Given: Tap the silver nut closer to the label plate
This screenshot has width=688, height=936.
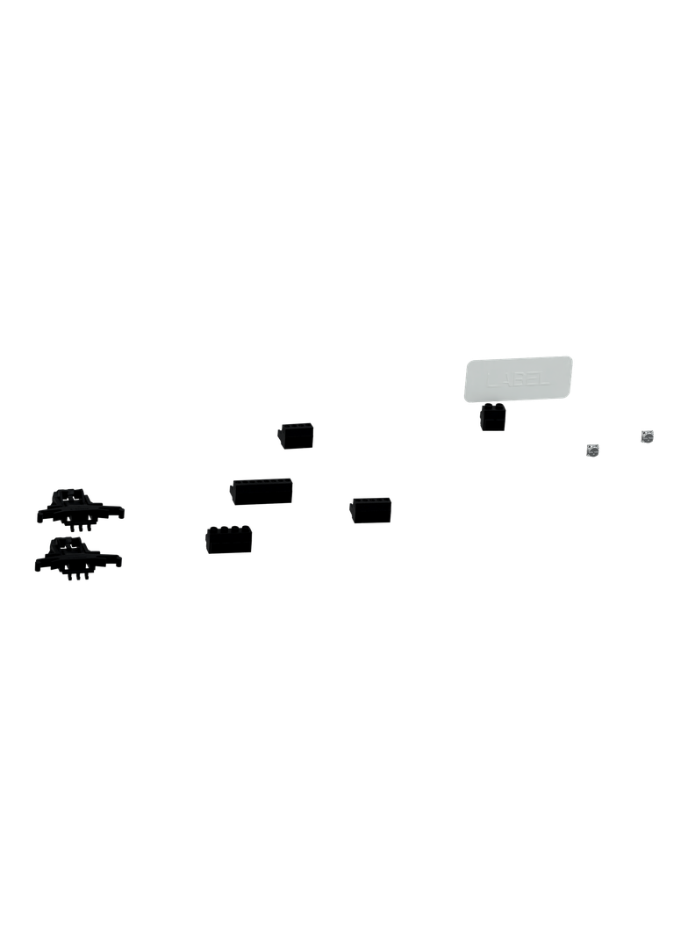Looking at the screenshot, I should tap(594, 450).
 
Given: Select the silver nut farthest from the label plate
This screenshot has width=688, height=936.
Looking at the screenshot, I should tap(648, 436).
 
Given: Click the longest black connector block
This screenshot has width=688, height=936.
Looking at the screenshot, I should tap(262, 491).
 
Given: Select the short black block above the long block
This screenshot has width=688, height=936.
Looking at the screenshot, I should tap(296, 435).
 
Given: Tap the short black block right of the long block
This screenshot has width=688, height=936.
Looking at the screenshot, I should tap(370, 508).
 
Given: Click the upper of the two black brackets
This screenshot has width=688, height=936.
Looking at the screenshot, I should tap(79, 506).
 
